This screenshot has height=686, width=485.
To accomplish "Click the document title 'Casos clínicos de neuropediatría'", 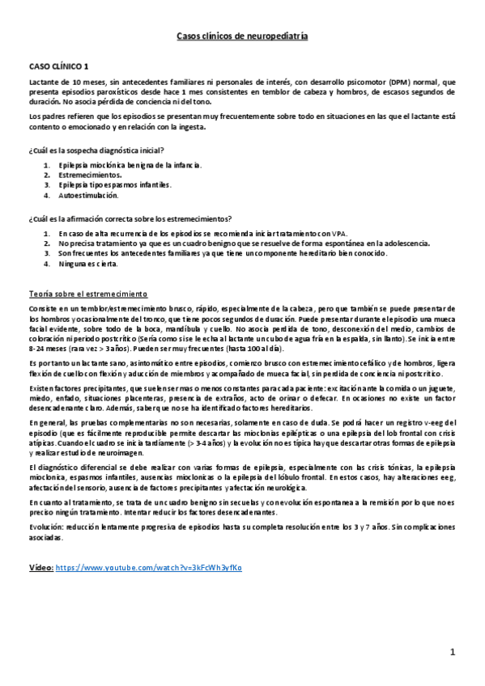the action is tap(242, 36).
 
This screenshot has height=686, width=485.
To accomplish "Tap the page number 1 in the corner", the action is tap(454, 651).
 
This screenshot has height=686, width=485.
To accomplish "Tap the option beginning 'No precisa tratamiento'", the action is tap(227, 243).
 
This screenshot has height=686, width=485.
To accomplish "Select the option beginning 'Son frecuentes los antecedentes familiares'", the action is tap(223, 253).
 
